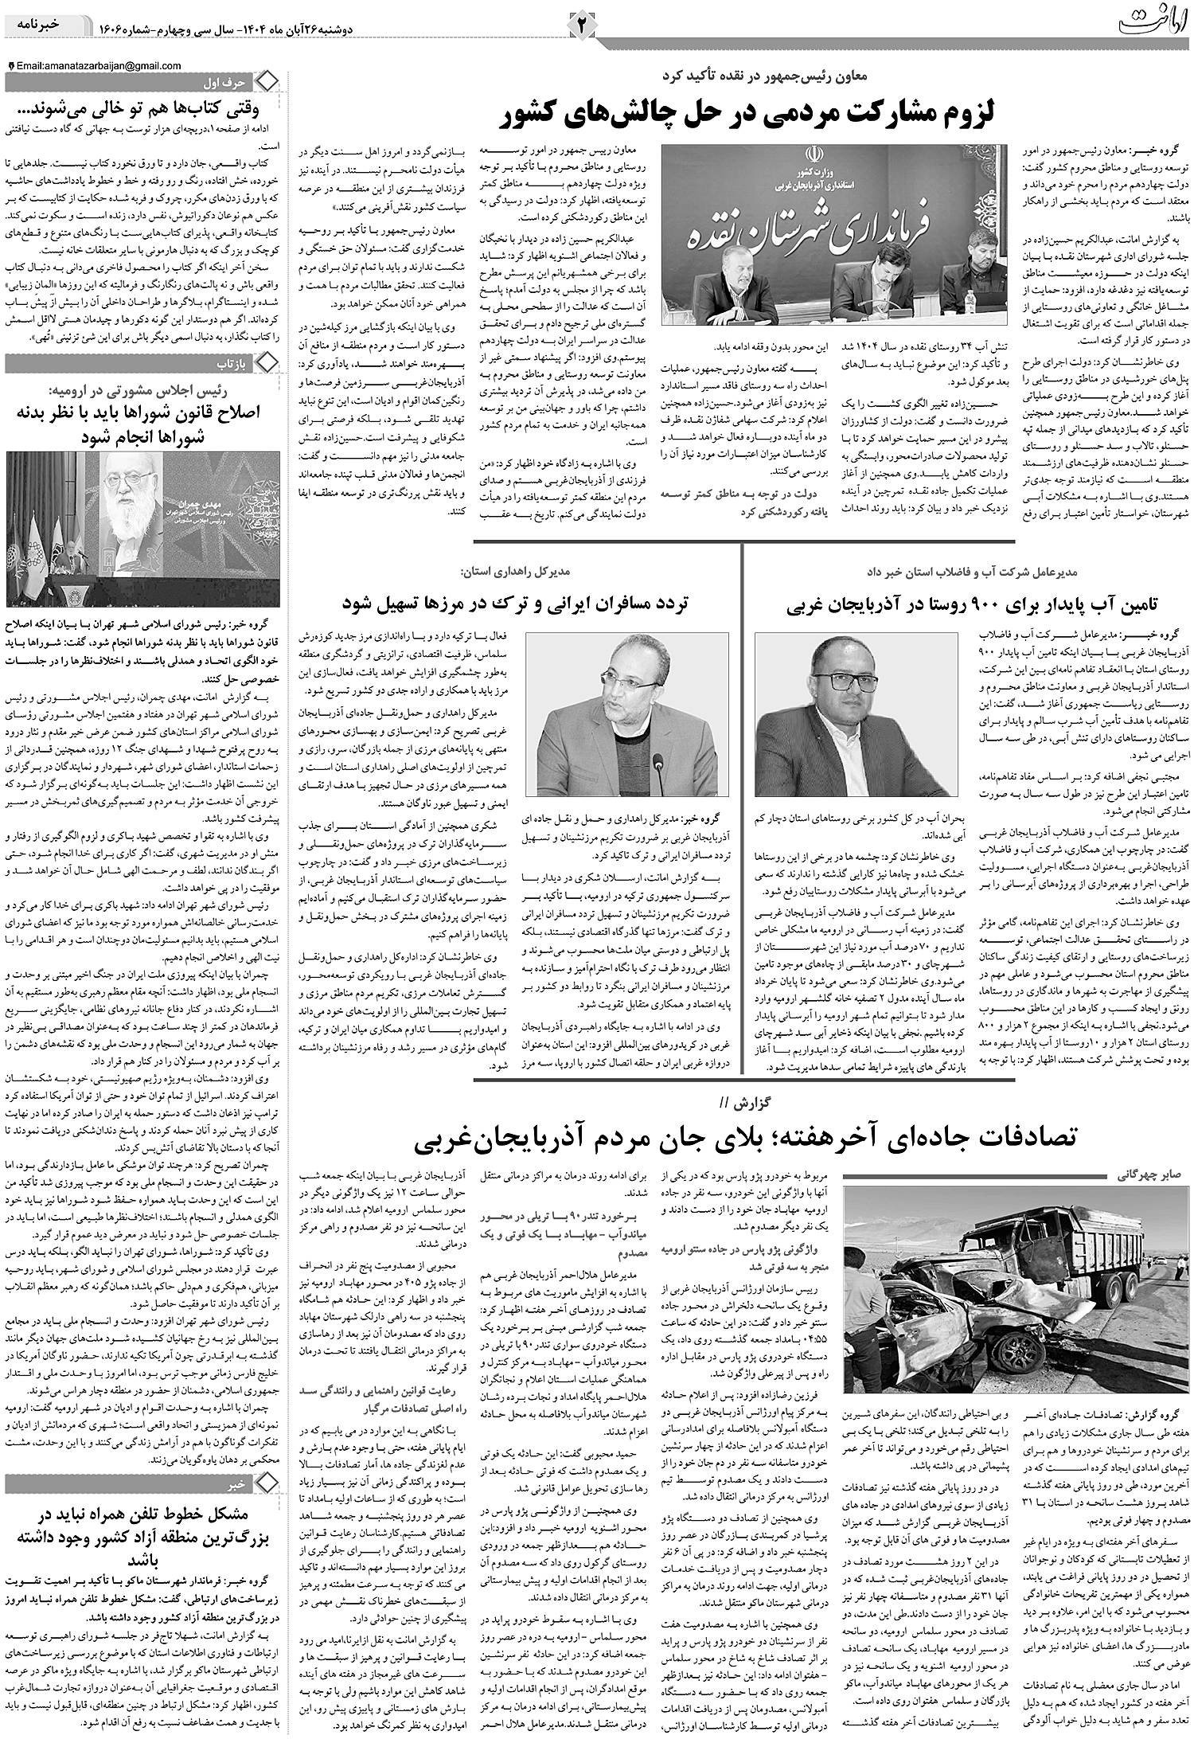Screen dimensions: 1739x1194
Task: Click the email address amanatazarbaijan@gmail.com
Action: [98, 66]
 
